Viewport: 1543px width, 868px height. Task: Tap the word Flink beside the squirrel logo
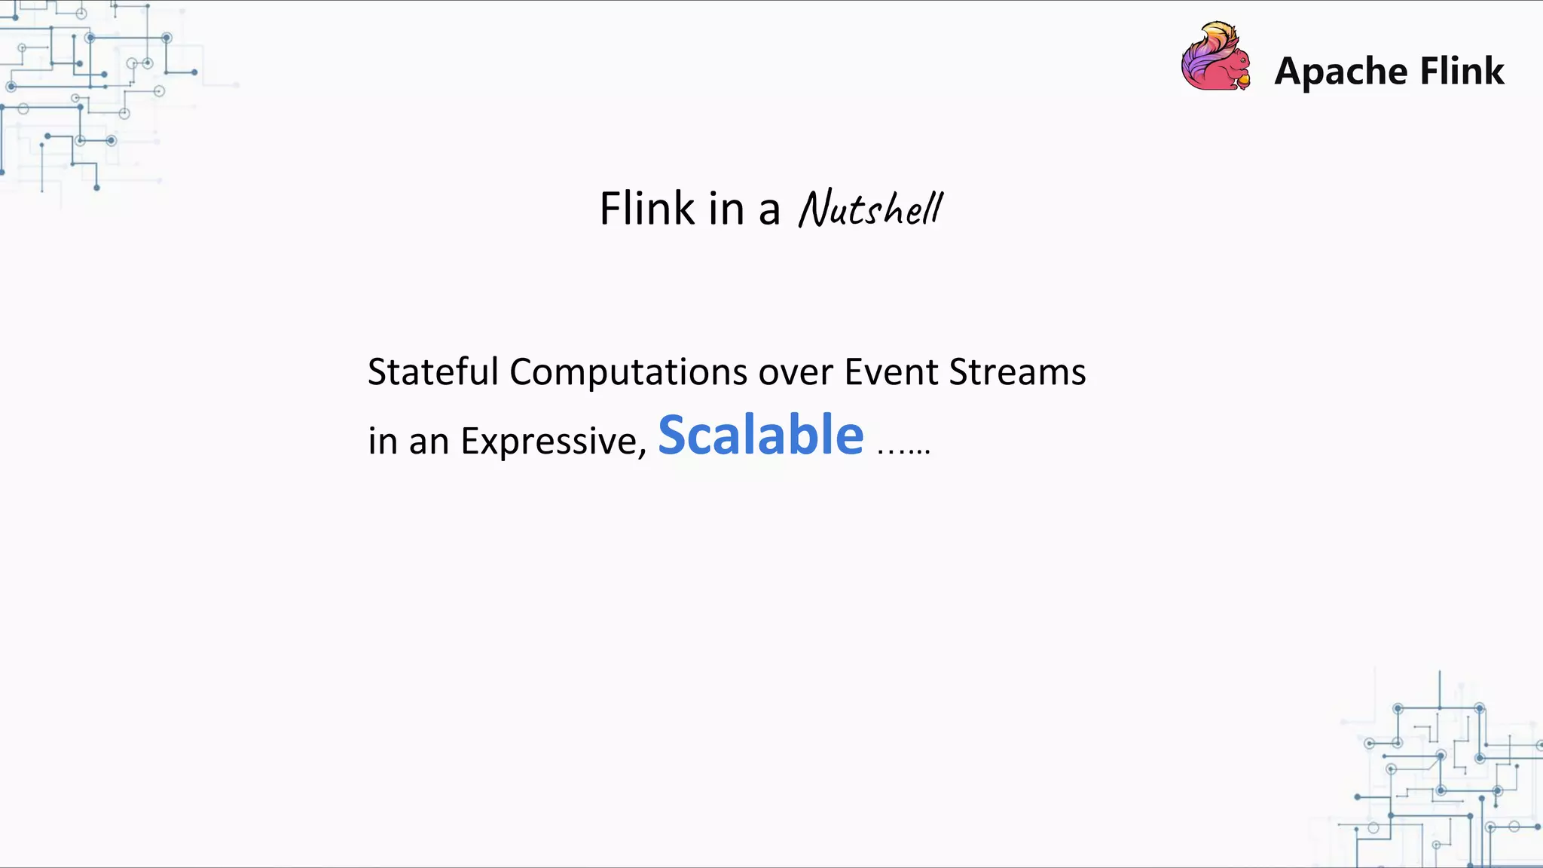1462,71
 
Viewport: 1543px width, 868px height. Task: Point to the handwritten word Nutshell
870,209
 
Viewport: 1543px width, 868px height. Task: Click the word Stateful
433,371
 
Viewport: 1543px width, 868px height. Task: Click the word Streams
1017,371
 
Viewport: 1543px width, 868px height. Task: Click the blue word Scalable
761,436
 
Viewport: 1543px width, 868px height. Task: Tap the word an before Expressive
429,442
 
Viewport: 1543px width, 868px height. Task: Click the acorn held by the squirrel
1243,78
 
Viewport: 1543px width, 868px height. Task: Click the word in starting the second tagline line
383,441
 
